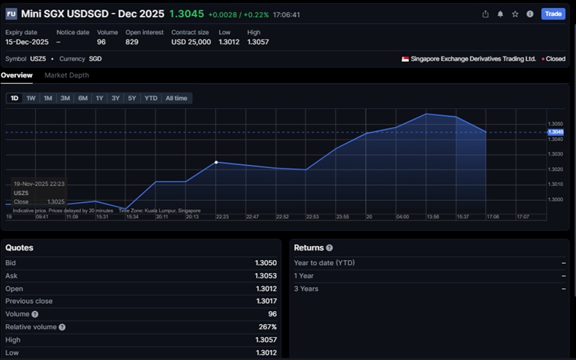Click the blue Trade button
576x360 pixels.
pyautogui.click(x=553, y=14)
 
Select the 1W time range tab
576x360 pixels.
pyautogui.click(x=31, y=98)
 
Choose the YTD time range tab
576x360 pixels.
pyautogui.click(x=150, y=98)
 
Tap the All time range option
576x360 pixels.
pyautogui.click(x=176, y=98)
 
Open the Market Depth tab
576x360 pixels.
pyautogui.click(x=66, y=75)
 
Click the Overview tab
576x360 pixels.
pyautogui.click(x=17, y=75)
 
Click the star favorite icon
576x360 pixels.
pyautogui.click(x=515, y=14)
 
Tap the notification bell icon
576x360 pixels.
pyautogui.click(x=500, y=14)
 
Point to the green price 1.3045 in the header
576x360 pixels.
pyautogui.click(x=186, y=14)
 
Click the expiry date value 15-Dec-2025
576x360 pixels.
pyautogui.click(x=27, y=42)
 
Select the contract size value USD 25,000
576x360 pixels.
pyautogui.click(x=191, y=42)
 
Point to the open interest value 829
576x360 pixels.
pyautogui.click(x=132, y=42)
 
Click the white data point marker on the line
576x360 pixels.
pyautogui.click(x=216, y=162)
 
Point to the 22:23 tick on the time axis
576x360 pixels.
pyautogui.click(x=222, y=216)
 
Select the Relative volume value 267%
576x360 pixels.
pyautogui.click(x=266, y=326)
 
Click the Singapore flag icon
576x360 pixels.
pyautogui.click(x=405, y=58)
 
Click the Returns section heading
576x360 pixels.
pyautogui.click(x=310, y=248)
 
